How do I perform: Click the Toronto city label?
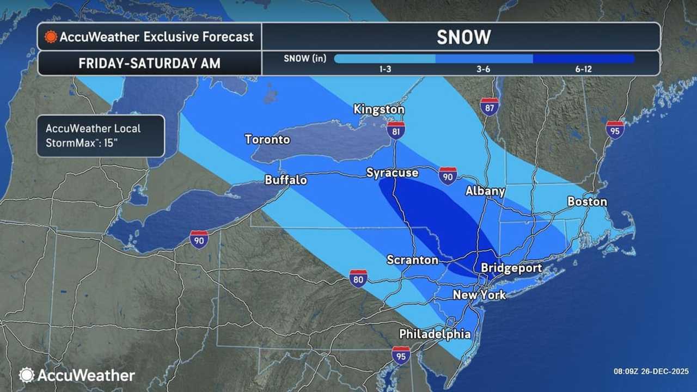(x=267, y=139)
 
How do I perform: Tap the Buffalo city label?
(x=286, y=180)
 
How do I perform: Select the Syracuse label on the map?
(x=392, y=173)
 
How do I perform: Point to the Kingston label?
(x=379, y=109)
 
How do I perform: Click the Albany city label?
(x=485, y=191)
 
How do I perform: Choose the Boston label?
(x=587, y=201)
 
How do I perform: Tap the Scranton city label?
(x=412, y=260)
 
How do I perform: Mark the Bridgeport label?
(x=511, y=268)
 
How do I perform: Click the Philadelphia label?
(x=435, y=334)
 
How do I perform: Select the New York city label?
(x=480, y=295)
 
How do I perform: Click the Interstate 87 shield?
(x=490, y=107)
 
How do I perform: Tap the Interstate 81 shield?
(x=396, y=131)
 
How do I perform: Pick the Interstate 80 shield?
(x=358, y=278)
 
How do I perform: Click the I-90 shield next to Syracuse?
(x=448, y=176)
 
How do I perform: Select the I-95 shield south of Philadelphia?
(x=401, y=355)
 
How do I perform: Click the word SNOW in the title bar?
(x=464, y=37)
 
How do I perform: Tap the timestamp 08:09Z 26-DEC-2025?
(x=651, y=371)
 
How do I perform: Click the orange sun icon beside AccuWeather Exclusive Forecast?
(x=51, y=36)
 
